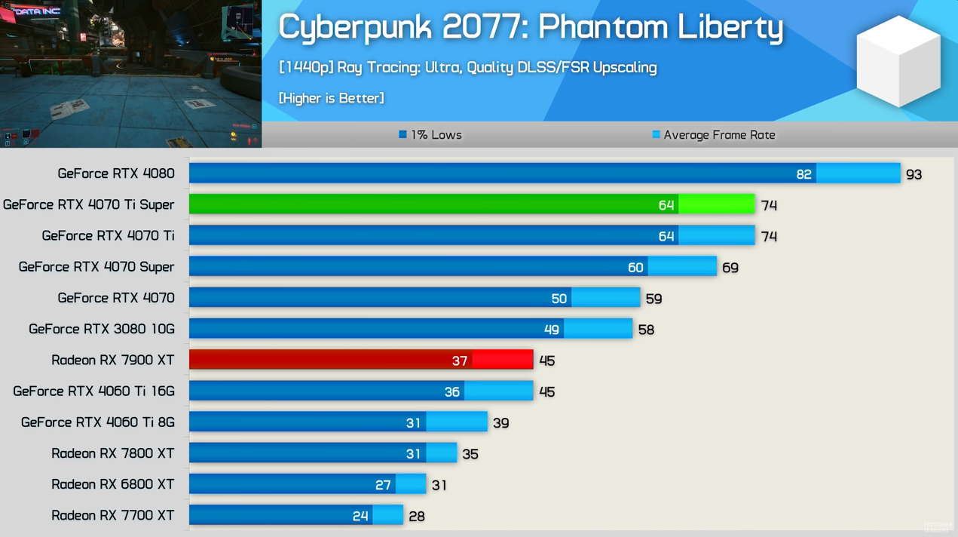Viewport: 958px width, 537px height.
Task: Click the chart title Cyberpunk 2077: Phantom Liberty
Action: click(531, 28)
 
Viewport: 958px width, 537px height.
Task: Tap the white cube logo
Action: click(898, 61)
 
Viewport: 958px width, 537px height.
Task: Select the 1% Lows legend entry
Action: click(430, 135)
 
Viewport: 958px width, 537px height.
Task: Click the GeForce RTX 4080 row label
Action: click(116, 173)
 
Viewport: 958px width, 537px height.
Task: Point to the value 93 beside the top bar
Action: click(914, 174)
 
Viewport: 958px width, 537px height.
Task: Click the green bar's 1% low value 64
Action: click(666, 205)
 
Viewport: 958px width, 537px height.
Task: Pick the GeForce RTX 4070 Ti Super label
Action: click(89, 204)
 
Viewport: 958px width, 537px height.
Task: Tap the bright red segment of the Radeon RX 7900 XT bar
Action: click(502, 360)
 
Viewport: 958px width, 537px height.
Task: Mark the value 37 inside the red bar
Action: click(459, 361)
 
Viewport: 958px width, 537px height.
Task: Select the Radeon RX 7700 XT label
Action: click(113, 515)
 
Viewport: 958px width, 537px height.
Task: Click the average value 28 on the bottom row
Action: click(416, 516)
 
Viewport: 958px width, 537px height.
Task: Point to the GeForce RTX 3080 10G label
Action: click(102, 329)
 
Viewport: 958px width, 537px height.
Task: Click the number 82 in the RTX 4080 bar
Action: click(803, 174)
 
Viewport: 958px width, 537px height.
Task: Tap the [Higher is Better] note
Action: click(331, 98)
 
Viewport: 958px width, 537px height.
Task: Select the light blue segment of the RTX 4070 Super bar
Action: click(681, 267)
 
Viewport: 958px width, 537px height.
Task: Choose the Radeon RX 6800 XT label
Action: click(113, 484)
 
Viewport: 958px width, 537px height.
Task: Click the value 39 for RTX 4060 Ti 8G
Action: click(500, 423)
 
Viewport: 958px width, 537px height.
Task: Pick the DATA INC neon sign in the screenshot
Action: click(36, 11)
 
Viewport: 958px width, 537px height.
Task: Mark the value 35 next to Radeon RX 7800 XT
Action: click(470, 454)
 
